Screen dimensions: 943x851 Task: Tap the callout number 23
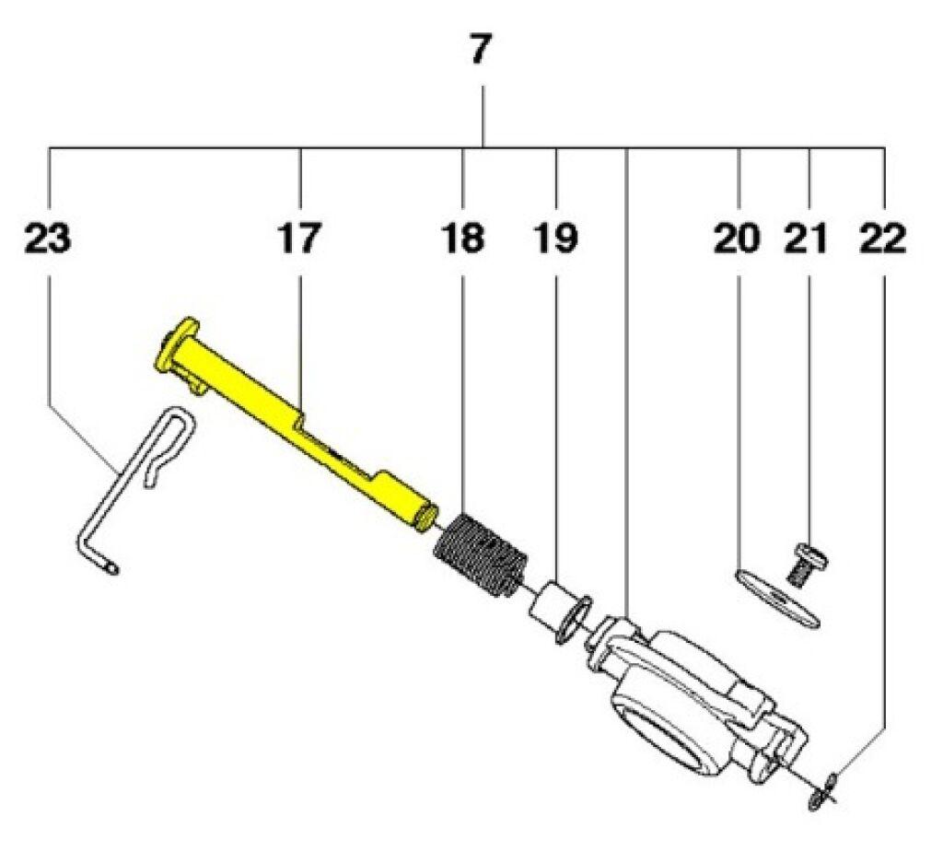(x=48, y=239)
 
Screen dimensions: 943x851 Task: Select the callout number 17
(x=299, y=239)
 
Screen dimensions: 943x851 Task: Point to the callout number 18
(x=462, y=239)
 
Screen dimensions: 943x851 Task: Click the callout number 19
(x=555, y=239)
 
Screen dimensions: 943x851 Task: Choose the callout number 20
(x=738, y=239)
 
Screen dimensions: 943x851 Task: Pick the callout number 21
(x=806, y=239)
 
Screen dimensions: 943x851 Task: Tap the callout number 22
(x=882, y=239)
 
